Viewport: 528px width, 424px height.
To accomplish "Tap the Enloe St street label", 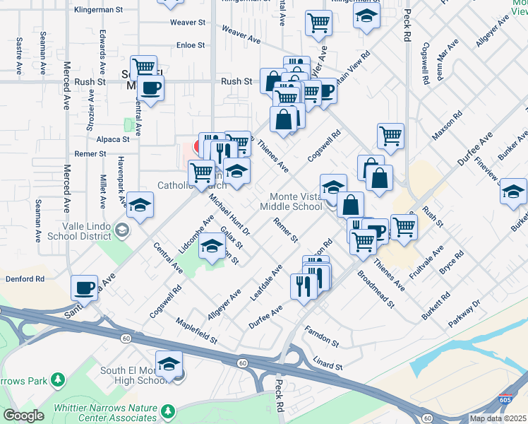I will pos(191,45).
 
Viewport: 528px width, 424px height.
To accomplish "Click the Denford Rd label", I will pos(25,279).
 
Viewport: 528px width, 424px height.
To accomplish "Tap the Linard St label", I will pos(327,364).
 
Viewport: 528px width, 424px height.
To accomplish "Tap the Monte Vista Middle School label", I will pos(291,201).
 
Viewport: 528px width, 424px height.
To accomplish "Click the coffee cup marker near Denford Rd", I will pos(85,287).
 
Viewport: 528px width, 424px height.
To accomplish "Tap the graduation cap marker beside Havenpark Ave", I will pos(140,205).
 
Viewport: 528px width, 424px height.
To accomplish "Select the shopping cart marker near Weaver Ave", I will pos(318,23).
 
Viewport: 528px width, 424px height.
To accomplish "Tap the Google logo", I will pos(23,416).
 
